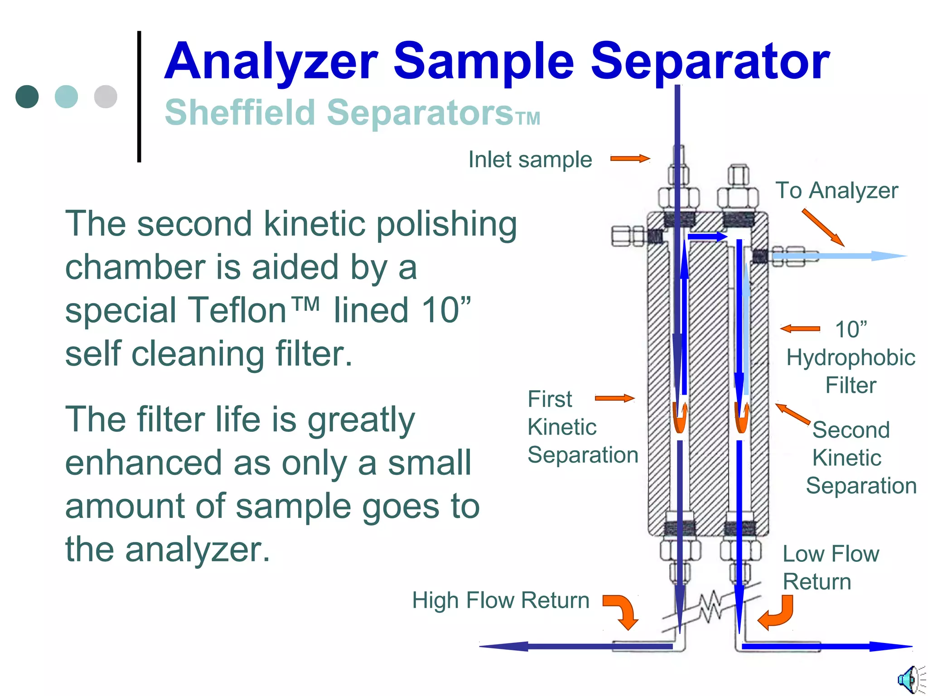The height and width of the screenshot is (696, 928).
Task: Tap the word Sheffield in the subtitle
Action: [x=240, y=112]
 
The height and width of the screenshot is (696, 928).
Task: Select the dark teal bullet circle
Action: [x=27, y=97]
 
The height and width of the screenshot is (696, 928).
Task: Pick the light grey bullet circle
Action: [x=106, y=97]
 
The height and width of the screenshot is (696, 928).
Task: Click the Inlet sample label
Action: [x=530, y=159]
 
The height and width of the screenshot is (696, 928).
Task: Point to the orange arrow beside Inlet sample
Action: [x=630, y=159]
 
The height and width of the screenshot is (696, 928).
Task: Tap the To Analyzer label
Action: [x=836, y=190]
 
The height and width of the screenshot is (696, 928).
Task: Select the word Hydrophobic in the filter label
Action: [x=851, y=358]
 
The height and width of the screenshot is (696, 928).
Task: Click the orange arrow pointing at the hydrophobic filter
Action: [x=800, y=329]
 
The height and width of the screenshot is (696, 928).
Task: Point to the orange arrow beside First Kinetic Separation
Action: [x=614, y=398]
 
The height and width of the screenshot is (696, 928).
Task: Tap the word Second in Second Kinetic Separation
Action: [x=851, y=430]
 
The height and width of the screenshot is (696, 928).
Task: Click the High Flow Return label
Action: [x=500, y=600]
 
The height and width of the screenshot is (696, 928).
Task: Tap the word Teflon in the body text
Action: [x=237, y=311]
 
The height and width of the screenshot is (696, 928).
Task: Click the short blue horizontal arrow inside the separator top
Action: [x=707, y=237]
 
